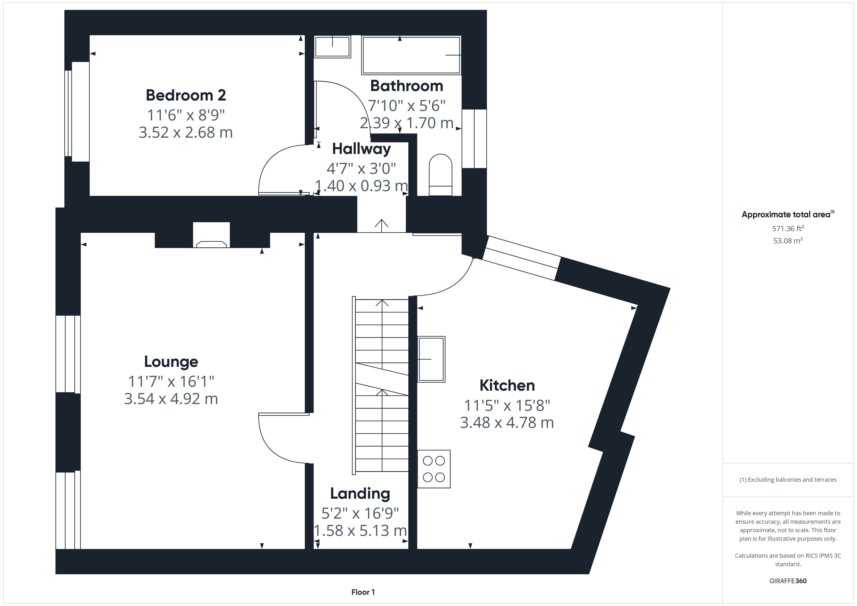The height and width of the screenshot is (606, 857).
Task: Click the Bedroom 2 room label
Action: [186, 95]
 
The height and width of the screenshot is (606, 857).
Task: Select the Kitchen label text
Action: [507, 386]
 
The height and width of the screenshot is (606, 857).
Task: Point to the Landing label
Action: [360, 494]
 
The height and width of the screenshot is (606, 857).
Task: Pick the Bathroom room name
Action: [406, 86]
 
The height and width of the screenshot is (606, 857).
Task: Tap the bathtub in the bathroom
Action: [411, 55]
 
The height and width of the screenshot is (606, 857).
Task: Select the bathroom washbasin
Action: [332, 47]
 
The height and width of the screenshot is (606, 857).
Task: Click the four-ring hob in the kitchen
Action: [434, 469]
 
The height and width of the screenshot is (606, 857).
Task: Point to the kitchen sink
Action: [431, 359]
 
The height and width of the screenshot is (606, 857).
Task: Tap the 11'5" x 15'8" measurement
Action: [507, 405]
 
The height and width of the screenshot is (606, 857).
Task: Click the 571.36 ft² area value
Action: [788, 229]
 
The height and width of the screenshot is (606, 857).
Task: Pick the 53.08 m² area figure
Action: [788, 241]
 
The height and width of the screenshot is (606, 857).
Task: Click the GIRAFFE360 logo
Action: [788, 581]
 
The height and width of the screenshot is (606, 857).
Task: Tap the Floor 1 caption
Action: [363, 592]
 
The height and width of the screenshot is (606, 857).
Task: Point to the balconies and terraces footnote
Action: [788, 480]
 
